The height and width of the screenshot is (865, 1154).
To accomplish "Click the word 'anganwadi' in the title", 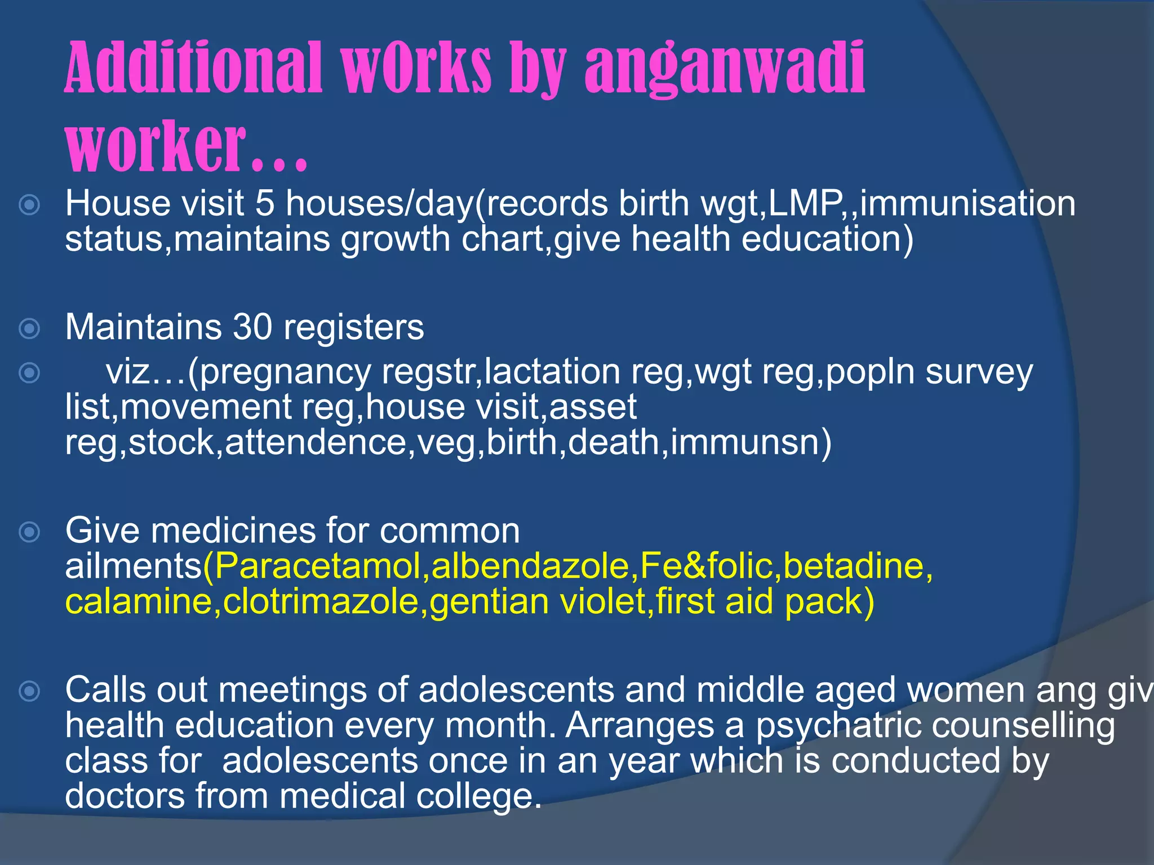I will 725,69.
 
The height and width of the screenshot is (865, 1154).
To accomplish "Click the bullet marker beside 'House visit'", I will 29,204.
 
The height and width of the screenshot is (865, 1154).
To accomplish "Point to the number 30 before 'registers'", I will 252,327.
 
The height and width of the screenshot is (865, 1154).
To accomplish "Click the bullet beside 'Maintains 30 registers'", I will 29,328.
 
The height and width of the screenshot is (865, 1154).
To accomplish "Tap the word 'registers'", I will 354,328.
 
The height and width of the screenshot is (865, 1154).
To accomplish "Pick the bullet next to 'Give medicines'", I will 29,532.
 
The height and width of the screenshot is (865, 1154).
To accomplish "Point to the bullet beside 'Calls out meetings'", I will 29,690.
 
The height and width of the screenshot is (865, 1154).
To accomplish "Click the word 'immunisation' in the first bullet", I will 967,203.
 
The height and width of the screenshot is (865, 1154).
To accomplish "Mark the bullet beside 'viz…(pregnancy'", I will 29,373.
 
